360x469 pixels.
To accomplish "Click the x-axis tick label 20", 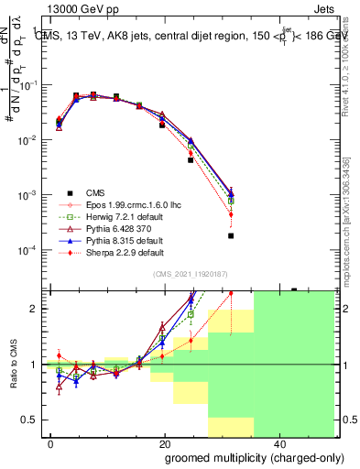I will (x=164, y=442).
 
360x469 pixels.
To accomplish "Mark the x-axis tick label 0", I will (x=51, y=442).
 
